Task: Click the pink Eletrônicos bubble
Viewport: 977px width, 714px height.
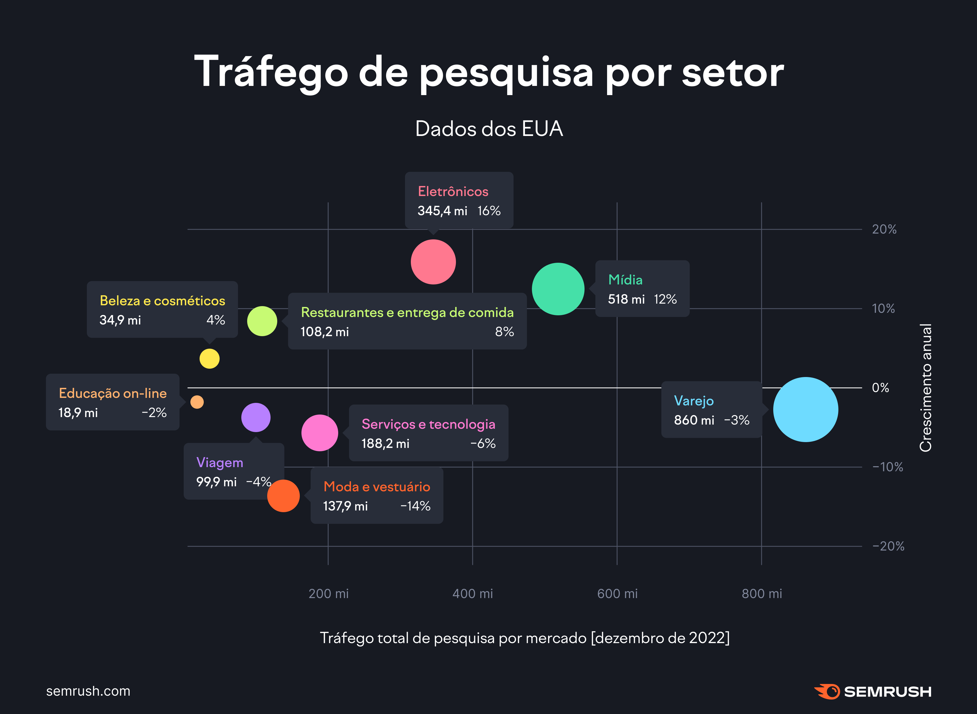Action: coord(433,262)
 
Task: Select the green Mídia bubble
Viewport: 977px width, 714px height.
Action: coord(558,289)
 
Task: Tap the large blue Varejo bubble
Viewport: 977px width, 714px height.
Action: coord(805,409)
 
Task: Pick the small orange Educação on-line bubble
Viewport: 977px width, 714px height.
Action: coord(197,402)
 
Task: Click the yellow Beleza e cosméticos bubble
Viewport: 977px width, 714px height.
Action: coord(209,359)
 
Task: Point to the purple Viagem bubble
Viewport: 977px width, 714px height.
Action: coord(256,418)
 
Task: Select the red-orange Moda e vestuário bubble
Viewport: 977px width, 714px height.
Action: coord(283,496)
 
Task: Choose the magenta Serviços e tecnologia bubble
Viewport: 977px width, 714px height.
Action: coord(320,433)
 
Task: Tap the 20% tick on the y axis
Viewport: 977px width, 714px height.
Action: coord(884,229)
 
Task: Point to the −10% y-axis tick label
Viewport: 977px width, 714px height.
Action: coord(887,467)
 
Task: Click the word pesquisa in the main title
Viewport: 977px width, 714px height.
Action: coord(506,73)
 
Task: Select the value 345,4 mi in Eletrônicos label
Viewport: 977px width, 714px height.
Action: coord(442,211)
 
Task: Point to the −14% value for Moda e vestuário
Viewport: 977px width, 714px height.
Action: coord(415,506)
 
